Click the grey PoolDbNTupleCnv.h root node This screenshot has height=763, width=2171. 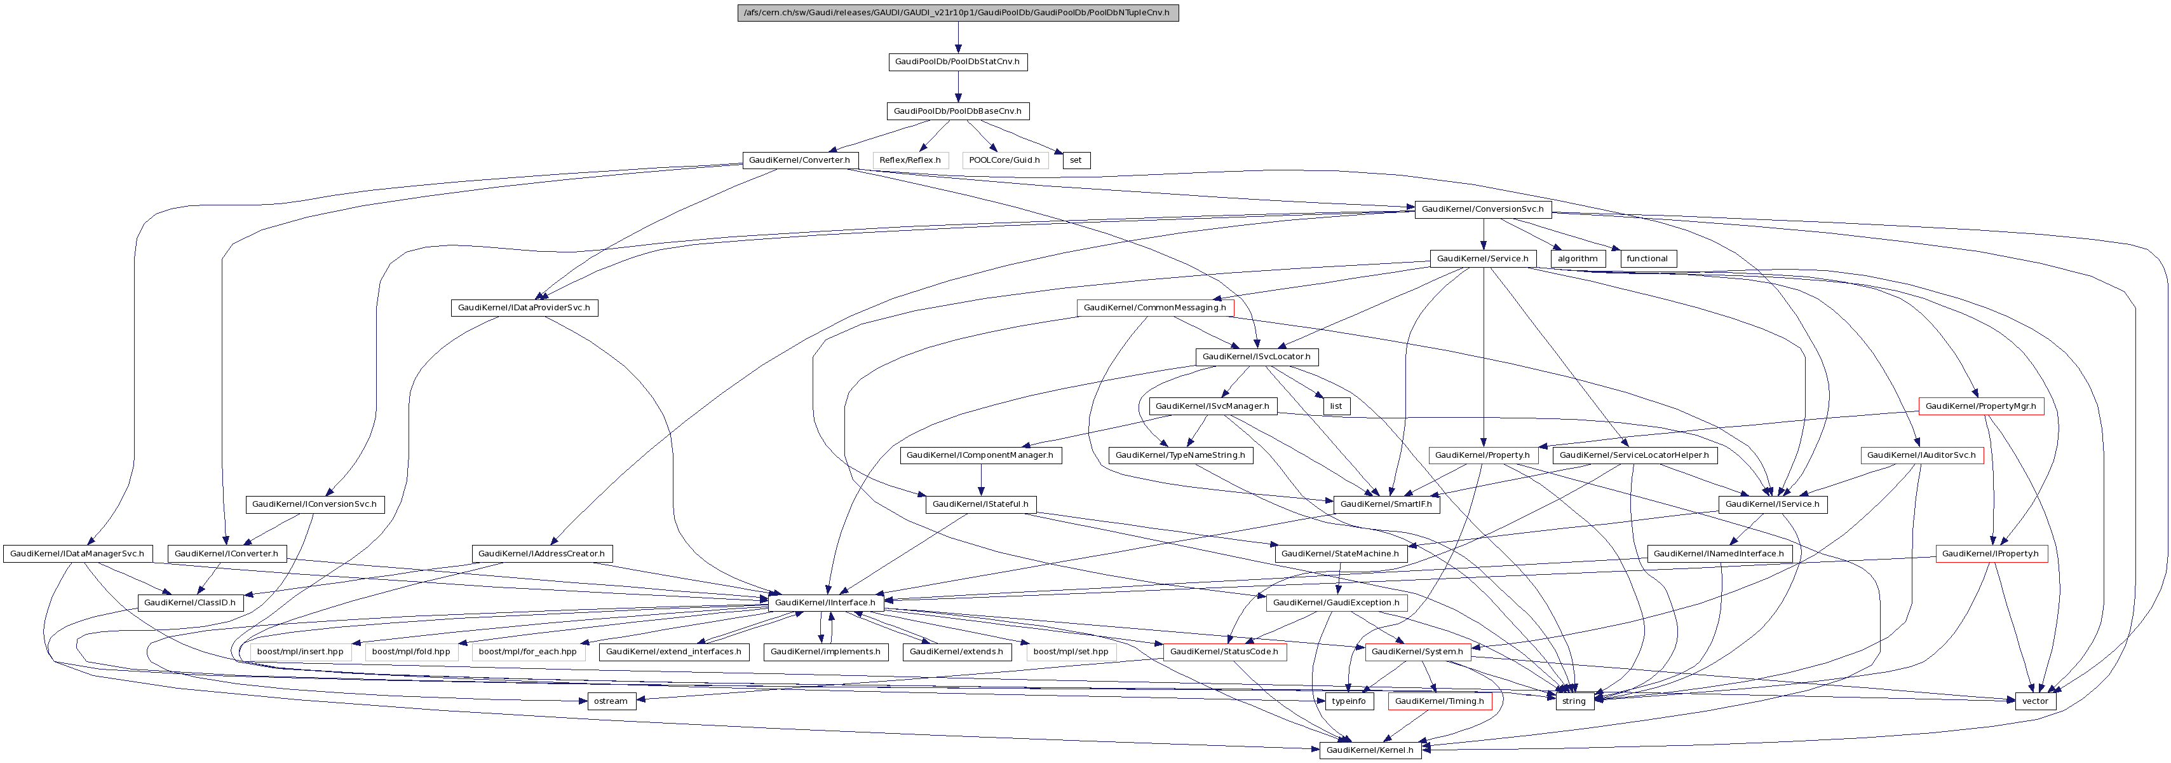click(x=957, y=13)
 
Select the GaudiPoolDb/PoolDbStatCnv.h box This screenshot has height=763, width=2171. click(x=957, y=62)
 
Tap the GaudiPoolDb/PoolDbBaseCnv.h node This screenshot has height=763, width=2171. click(x=957, y=111)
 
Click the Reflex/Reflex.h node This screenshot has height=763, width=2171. click(x=910, y=160)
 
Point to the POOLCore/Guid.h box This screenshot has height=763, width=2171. click(x=1004, y=160)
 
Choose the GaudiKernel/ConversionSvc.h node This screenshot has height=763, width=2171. click(x=1482, y=209)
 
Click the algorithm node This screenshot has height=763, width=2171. click(x=1577, y=259)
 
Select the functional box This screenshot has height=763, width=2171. click(x=1647, y=259)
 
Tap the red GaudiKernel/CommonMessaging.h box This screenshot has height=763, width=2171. click(x=1154, y=308)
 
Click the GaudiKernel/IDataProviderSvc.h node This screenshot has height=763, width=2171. click(x=524, y=308)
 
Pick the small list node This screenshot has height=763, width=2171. click(x=1336, y=406)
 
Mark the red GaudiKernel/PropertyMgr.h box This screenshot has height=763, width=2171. click(x=1980, y=406)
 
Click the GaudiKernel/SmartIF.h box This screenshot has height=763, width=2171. click(x=1386, y=504)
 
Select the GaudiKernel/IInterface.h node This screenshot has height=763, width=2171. click(x=826, y=603)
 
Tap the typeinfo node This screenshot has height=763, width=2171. click(x=1348, y=701)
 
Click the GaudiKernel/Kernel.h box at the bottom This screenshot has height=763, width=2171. click(x=1370, y=750)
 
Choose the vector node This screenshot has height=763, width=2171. click(x=2034, y=701)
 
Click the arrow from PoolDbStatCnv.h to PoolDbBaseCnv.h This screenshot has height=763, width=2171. click(x=957, y=86)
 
